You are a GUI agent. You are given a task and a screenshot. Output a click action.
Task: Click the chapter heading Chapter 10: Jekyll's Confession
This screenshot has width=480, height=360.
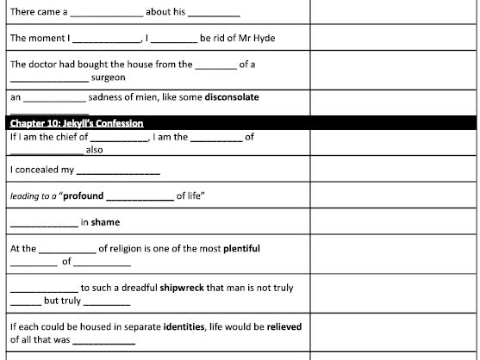coord(77,123)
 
